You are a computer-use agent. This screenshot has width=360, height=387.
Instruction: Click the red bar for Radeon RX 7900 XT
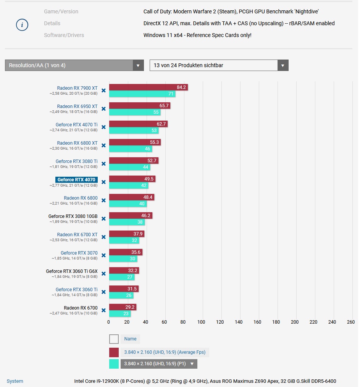click(x=148, y=87)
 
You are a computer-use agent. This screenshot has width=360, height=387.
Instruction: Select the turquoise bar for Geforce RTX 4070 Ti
click(x=134, y=131)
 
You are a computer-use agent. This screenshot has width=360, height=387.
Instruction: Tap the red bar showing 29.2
click(x=123, y=307)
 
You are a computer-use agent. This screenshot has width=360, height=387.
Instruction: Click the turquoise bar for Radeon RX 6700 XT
click(x=124, y=240)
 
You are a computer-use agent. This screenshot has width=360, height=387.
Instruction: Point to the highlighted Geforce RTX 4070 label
click(x=76, y=180)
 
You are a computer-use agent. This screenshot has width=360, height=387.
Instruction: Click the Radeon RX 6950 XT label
click(x=77, y=106)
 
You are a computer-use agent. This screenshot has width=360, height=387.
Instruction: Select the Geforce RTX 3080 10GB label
click(x=73, y=216)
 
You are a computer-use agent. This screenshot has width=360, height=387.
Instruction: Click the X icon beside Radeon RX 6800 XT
click(x=103, y=145)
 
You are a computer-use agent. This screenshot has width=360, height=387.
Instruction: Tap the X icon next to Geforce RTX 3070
click(x=103, y=255)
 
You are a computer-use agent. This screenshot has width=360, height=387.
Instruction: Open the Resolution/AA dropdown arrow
click(x=138, y=65)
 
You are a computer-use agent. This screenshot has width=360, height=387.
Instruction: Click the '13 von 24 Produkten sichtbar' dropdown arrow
click(x=283, y=65)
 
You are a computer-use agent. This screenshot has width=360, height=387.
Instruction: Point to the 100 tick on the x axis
click(x=202, y=322)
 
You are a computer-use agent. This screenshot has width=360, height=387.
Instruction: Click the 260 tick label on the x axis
click(x=351, y=322)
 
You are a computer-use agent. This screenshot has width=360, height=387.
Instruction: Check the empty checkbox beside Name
click(x=114, y=339)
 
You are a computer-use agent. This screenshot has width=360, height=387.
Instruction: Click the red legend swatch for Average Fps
click(x=114, y=352)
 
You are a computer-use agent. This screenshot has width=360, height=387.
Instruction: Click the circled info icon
click(x=22, y=25)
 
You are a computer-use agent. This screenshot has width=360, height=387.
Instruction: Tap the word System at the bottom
click(x=15, y=381)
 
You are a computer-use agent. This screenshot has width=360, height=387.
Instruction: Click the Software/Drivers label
click(x=64, y=35)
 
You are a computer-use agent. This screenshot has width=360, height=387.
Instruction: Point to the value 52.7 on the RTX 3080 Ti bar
click(x=152, y=161)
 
